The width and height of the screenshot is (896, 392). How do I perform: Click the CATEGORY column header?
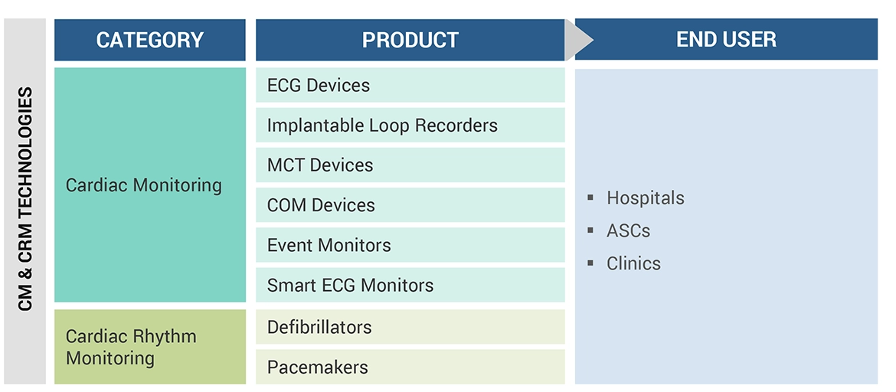click(x=149, y=40)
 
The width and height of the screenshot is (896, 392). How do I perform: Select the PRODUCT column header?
click(x=410, y=40)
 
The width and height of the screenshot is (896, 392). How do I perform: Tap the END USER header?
click(x=726, y=40)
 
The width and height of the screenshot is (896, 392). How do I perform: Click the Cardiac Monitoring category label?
click(x=144, y=185)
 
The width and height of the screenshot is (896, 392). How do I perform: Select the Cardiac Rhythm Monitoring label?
click(x=131, y=347)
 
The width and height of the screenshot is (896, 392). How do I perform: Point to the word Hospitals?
click(x=645, y=198)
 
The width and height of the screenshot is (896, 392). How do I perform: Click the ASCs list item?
click(x=628, y=230)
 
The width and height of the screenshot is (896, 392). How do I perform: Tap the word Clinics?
click(x=633, y=263)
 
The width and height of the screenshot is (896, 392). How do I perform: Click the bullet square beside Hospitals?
click(x=590, y=198)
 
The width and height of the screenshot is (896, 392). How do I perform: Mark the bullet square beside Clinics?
click(x=590, y=263)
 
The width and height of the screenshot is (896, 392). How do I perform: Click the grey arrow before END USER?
click(x=580, y=40)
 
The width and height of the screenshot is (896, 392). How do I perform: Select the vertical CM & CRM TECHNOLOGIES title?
click(x=26, y=199)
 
